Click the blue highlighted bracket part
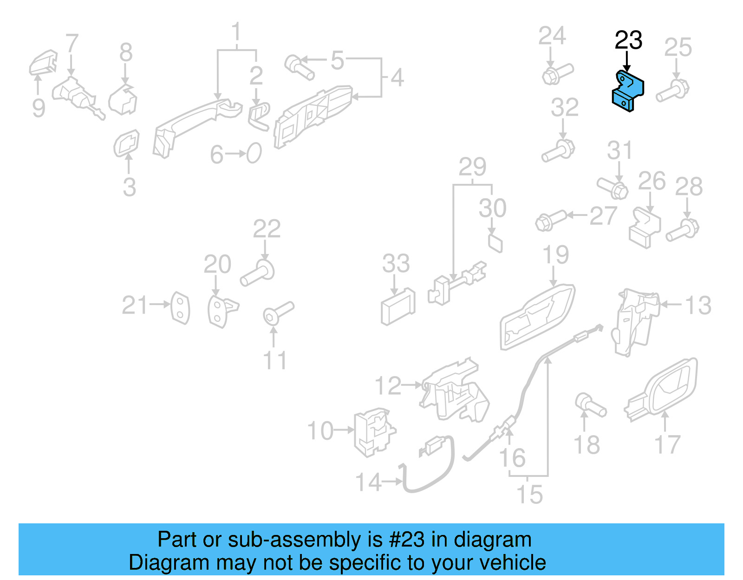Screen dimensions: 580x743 click(x=627, y=92)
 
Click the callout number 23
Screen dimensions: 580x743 click(x=628, y=40)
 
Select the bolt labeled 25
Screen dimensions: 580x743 click(x=673, y=91)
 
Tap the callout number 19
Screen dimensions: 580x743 click(x=555, y=255)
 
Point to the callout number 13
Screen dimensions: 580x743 click(x=698, y=306)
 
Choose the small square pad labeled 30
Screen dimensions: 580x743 click(x=495, y=243)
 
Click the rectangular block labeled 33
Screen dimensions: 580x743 click(x=398, y=307)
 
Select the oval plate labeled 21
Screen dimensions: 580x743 click(x=180, y=308)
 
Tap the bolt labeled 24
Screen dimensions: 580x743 click(x=557, y=74)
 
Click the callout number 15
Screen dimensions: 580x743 click(x=529, y=495)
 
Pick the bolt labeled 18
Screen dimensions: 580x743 click(x=590, y=405)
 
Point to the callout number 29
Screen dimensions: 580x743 click(x=472, y=167)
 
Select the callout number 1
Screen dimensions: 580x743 click(x=236, y=32)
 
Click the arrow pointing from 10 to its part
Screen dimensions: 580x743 click(x=344, y=430)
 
